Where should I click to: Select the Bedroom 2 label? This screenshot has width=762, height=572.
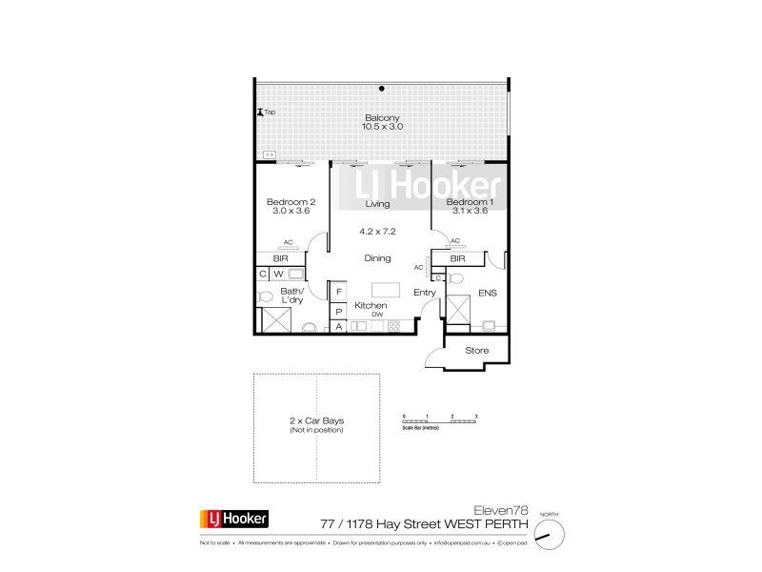[291, 202]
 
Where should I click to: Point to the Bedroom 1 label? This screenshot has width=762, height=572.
[468, 202]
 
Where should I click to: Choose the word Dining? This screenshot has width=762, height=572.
[378, 258]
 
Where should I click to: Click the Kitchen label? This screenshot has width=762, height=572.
[371, 305]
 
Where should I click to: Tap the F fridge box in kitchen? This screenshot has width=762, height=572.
[338, 291]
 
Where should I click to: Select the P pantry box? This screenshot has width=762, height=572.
[338, 311]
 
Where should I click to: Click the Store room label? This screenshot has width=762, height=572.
[476, 351]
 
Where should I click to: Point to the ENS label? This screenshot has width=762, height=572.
[488, 294]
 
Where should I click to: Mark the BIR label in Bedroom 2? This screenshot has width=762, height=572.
[281, 258]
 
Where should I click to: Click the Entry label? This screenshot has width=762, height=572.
[425, 293]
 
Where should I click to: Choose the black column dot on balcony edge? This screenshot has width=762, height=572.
[382, 89]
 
